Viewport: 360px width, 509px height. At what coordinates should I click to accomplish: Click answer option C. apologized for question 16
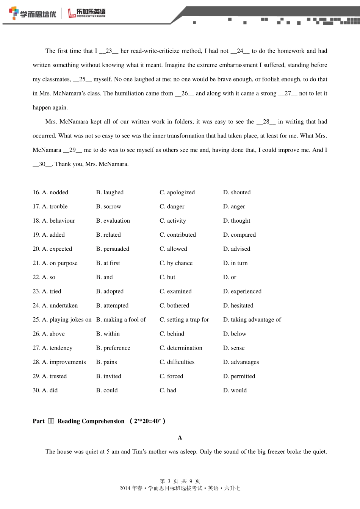(177, 192)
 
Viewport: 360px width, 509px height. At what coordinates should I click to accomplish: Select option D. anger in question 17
(234, 206)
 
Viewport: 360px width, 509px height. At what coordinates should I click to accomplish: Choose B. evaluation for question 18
(113, 221)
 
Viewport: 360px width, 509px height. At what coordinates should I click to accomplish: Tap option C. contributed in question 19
(178, 235)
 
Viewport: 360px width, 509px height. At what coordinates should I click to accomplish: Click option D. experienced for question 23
(242, 291)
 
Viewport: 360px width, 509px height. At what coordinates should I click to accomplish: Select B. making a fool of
(121, 320)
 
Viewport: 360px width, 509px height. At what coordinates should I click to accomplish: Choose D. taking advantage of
(252, 320)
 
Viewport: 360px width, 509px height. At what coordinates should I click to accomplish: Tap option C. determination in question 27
(181, 348)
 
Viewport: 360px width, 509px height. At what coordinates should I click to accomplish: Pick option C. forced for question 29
(171, 376)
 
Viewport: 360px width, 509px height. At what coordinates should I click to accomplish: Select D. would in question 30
(235, 390)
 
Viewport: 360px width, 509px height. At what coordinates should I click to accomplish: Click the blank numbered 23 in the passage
(109, 51)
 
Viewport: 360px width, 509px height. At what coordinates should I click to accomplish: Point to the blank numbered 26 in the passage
(185, 94)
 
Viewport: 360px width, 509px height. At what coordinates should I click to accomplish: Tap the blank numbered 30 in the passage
(42, 164)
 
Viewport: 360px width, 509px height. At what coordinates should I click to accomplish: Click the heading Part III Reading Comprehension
(99, 421)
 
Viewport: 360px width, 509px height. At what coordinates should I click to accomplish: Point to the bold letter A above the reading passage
(180, 438)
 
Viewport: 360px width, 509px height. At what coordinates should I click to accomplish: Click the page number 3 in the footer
(169, 481)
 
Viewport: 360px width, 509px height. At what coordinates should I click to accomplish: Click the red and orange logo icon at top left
(14, 13)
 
